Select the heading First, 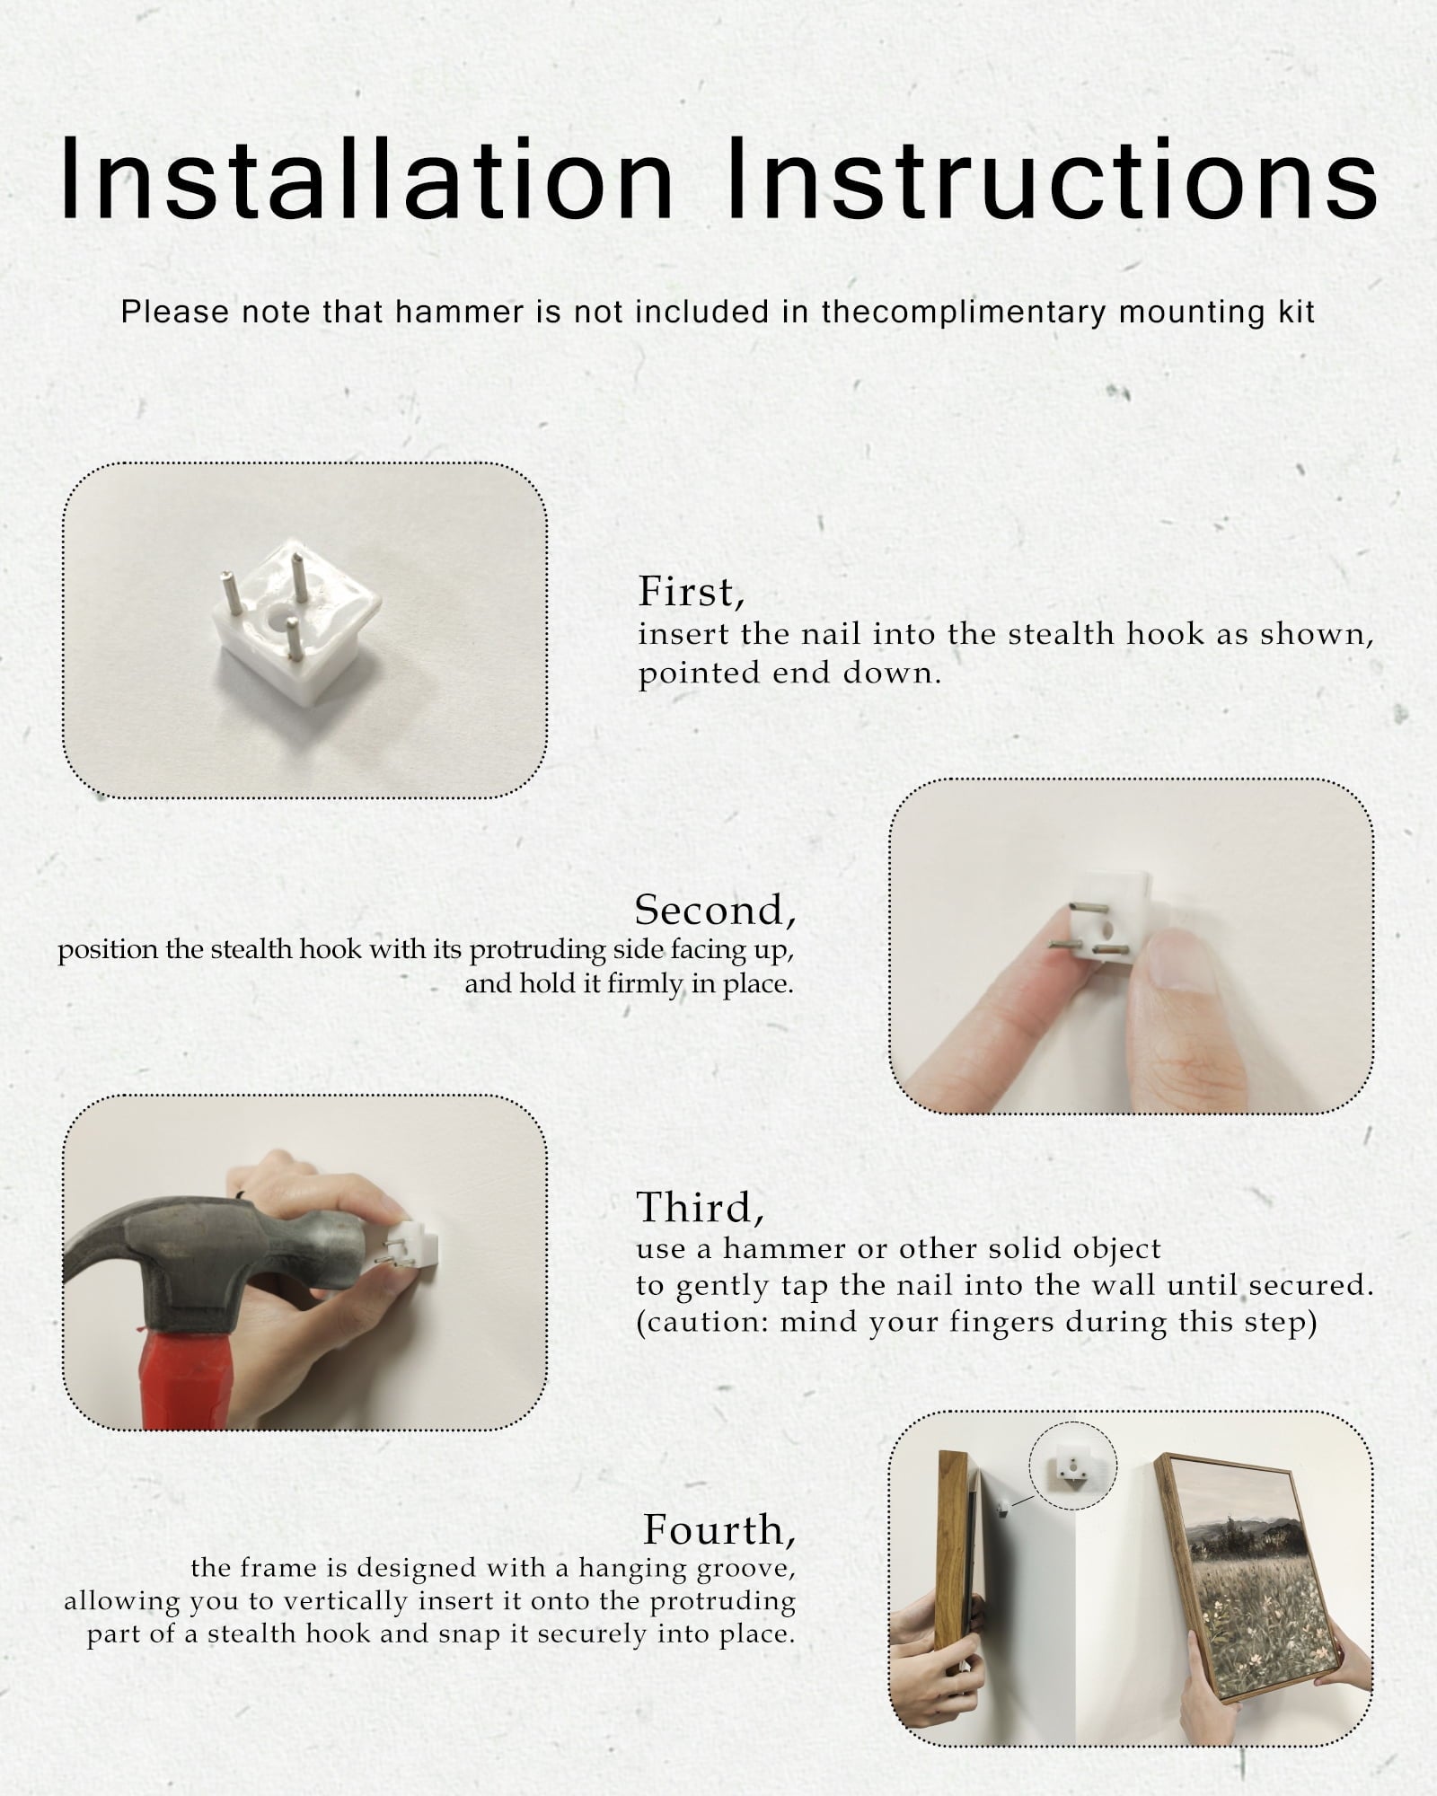[692, 592]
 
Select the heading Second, [715, 910]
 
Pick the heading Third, [701, 1207]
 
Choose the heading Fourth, [719, 1528]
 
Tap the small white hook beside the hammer [414, 1246]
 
